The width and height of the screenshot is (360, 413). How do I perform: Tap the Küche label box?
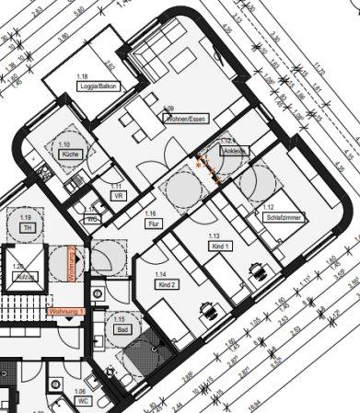(x=69, y=155)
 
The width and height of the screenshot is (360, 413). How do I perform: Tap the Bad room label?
(x=120, y=329)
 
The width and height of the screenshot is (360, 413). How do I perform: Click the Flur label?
(x=150, y=224)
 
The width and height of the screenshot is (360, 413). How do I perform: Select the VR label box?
(x=118, y=196)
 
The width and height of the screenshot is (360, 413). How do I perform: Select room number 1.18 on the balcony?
(x=83, y=75)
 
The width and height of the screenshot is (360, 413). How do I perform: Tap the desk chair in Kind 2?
(x=215, y=310)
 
